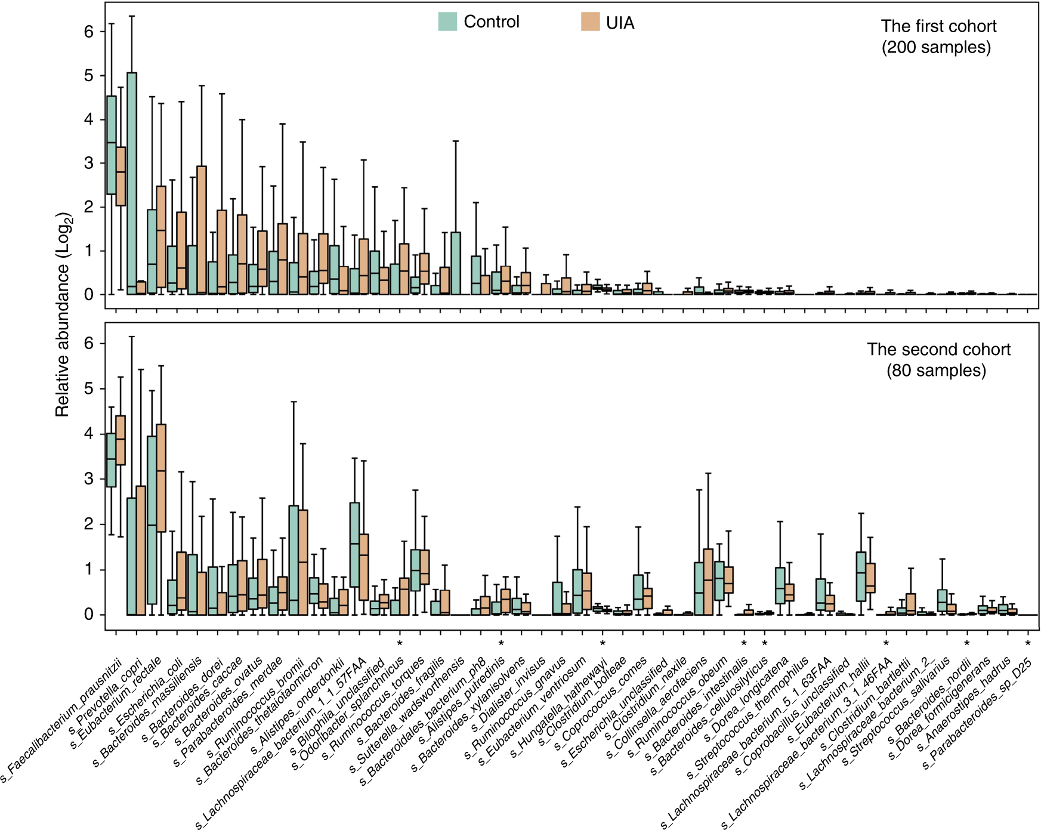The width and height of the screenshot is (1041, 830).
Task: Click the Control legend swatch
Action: click(x=447, y=21)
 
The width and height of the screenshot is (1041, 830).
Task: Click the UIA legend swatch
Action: click(x=590, y=22)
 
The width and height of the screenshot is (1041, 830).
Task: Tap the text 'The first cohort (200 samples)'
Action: click(x=938, y=36)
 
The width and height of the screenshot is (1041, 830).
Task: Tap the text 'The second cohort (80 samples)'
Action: click(x=938, y=360)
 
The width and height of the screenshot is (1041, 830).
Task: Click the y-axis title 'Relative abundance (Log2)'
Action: click(x=64, y=314)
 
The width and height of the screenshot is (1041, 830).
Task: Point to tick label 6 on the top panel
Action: click(x=89, y=32)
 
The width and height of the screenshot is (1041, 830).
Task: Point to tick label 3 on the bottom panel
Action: click(x=89, y=479)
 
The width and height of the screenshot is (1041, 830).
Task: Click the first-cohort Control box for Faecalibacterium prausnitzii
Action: click(x=111, y=145)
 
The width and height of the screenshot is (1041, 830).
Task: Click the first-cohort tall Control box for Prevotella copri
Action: click(x=132, y=179)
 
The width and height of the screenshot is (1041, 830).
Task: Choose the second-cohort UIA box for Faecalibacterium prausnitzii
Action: click(x=121, y=440)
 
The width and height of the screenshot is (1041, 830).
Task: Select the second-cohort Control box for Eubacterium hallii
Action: click(x=861, y=576)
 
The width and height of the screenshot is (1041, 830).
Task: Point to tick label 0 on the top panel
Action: click(x=89, y=295)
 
